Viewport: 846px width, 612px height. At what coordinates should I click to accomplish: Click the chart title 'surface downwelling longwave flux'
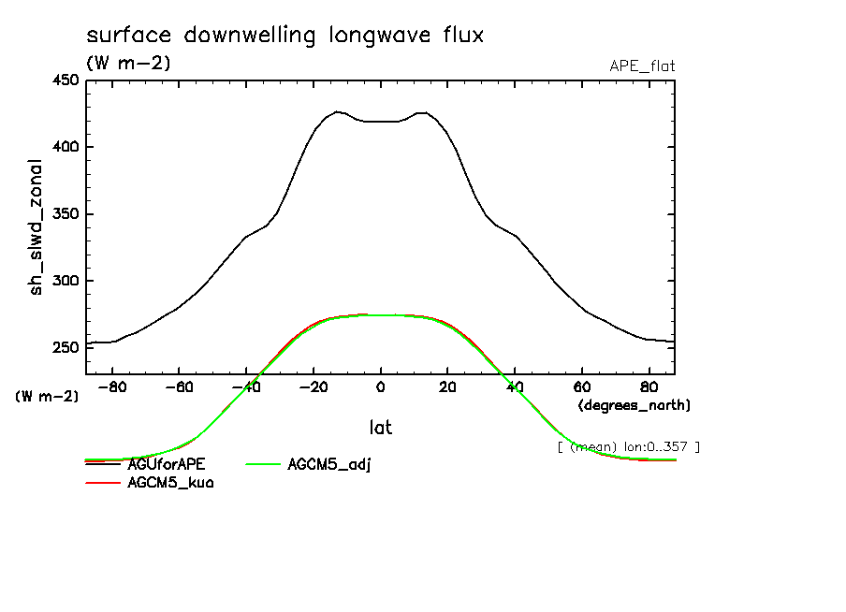click(x=284, y=36)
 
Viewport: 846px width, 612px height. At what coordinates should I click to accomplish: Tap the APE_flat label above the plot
click(x=642, y=66)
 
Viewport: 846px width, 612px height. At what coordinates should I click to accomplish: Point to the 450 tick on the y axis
click(x=65, y=80)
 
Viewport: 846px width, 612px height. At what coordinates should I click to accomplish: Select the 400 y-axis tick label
click(x=65, y=147)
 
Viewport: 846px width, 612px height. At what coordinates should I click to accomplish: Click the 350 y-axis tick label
click(x=65, y=214)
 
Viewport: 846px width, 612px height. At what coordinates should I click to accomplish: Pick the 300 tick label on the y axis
click(x=65, y=281)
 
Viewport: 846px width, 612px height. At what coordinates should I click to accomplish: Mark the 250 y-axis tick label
click(x=65, y=348)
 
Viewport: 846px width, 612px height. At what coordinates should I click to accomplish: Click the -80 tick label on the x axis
click(x=111, y=386)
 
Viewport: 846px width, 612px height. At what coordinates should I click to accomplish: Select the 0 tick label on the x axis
click(x=381, y=386)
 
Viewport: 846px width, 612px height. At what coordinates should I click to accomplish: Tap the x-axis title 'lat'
click(x=380, y=428)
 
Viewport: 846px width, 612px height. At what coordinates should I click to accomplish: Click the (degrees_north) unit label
click(x=634, y=405)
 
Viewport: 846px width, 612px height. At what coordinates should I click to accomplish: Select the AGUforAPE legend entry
click(x=167, y=463)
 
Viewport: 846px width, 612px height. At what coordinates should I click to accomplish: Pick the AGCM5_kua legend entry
click(x=170, y=484)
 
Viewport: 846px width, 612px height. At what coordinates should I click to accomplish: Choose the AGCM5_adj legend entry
click(x=329, y=464)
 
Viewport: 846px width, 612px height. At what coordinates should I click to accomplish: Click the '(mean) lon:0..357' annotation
click(x=628, y=446)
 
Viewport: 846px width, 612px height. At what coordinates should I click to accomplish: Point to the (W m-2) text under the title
click(x=128, y=64)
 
